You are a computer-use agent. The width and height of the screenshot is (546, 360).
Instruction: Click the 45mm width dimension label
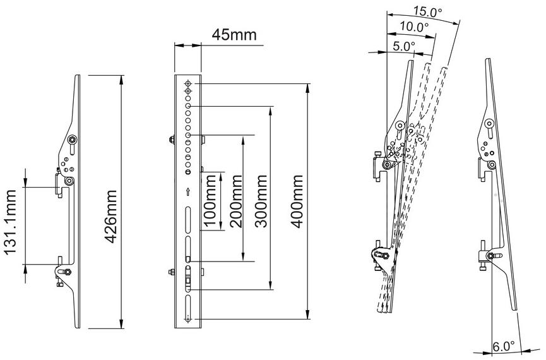pyautogui.click(x=234, y=35)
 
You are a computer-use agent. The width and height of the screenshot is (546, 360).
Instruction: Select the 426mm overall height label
pyautogui.click(x=110, y=216)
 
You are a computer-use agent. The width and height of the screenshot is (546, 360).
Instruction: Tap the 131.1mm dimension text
pyautogui.click(x=11, y=222)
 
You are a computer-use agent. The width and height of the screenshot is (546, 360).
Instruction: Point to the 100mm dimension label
pyautogui.click(x=210, y=200)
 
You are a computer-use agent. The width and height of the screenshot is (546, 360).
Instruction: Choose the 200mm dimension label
pyautogui.click(x=235, y=201)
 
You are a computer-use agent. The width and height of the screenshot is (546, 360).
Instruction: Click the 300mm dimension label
pyautogui.click(x=261, y=201)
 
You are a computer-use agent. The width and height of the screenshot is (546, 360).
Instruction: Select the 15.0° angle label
pyautogui.click(x=427, y=12)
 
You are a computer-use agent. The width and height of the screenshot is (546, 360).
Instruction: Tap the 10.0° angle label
pyautogui.click(x=413, y=27)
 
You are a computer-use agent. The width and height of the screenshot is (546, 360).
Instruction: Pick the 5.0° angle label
pyautogui.click(x=404, y=46)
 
